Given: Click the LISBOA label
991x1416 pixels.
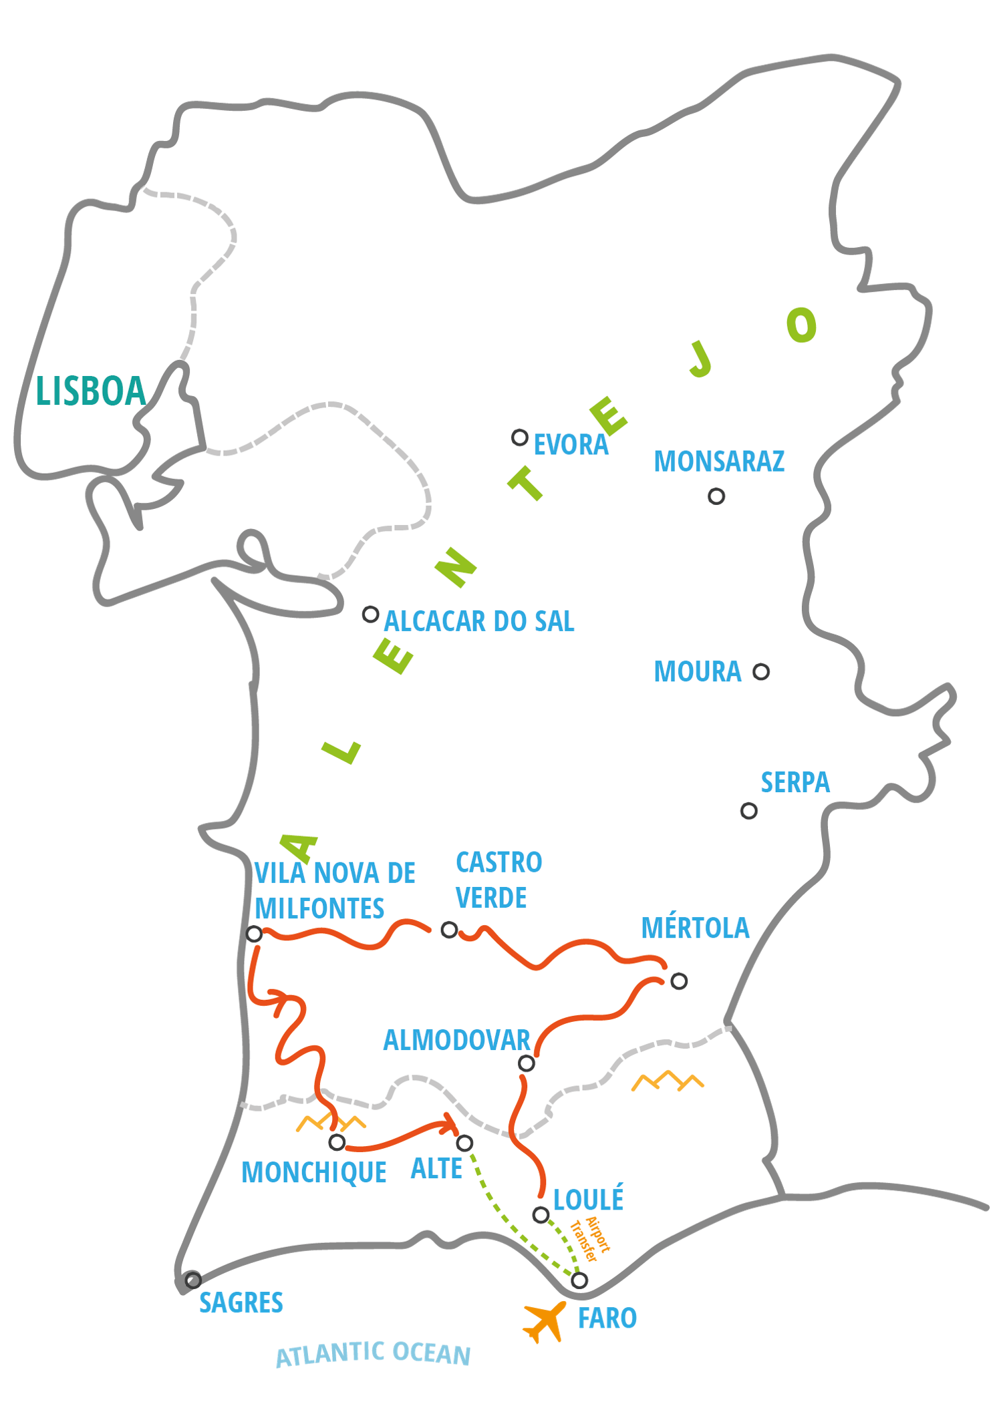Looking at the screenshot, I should pos(91,391).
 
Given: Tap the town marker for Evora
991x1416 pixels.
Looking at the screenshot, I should pos(519,437).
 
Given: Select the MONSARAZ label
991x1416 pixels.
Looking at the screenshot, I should pos(719,462).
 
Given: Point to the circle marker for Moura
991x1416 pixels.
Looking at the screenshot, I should pos(761,671).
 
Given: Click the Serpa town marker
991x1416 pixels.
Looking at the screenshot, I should pos(748,811).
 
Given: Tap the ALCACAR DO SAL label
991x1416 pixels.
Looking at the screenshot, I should pos(479,622).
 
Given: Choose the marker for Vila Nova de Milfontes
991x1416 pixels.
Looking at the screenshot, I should pos(254,934).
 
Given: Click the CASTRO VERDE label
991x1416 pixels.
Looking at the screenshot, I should pos(499,880).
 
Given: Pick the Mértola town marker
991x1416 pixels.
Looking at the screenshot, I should pos(679,981).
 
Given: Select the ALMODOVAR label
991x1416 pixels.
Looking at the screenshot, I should pos(456,1041).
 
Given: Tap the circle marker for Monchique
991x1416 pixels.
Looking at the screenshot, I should pos(337,1143).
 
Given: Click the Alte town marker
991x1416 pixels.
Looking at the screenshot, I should pos(464,1143).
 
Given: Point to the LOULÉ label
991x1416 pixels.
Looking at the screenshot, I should pos(588,1200).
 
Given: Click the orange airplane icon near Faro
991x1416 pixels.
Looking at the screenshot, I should pos(544,1322).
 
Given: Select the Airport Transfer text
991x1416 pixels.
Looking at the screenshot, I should pos(589,1240).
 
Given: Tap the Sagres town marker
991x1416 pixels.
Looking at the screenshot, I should pos(193,1280).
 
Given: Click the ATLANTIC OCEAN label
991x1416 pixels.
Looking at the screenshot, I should pos(373,1355).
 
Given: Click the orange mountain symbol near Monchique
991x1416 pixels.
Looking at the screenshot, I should pos(331,1123).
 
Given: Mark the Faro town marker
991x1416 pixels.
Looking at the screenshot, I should pos(579,1280).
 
